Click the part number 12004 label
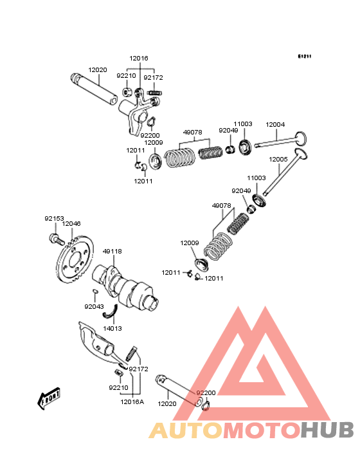tap(275, 124)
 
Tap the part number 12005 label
tap(278, 159)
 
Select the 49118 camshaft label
tap(113, 251)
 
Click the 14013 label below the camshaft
tap(113, 328)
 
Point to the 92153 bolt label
tap(54, 218)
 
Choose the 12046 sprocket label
tap(71, 223)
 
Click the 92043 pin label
tap(94, 306)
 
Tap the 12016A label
tap(132, 402)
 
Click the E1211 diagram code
tap(305, 56)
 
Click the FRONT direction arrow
tap(49, 398)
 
